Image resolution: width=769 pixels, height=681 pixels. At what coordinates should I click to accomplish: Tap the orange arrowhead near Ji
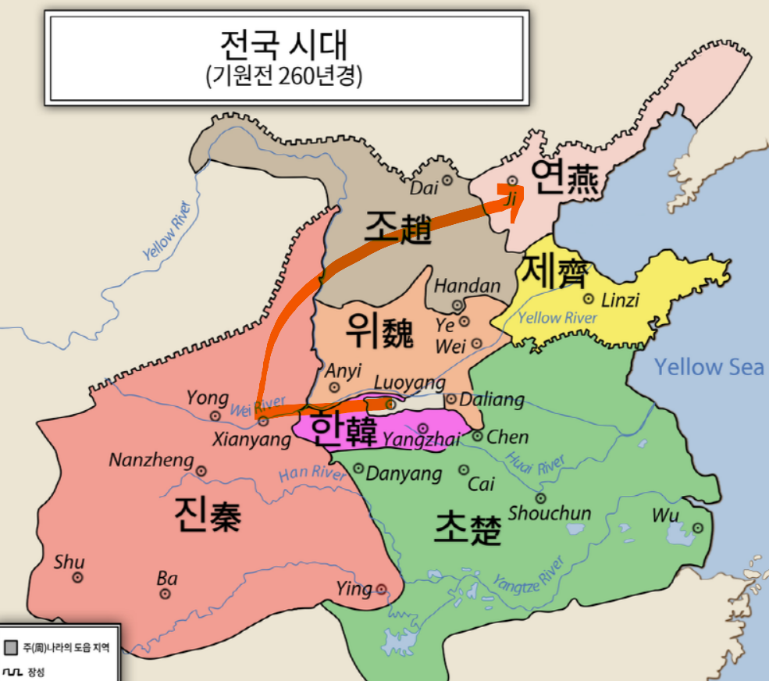pyautogui.click(x=510, y=207)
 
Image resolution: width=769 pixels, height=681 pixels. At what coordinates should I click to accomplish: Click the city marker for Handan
pyautogui.click(x=457, y=305)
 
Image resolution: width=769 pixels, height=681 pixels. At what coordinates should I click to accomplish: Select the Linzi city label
pyautogui.click(x=621, y=300)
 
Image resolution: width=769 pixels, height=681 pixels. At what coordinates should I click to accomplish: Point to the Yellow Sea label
pyautogui.click(x=708, y=366)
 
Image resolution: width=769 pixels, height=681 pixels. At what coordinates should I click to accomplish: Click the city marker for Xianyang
pyautogui.click(x=263, y=421)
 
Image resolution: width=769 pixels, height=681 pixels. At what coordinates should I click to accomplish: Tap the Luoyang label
pyautogui.click(x=410, y=383)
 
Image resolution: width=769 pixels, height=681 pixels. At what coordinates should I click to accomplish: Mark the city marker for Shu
pyautogui.click(x=77, y=577)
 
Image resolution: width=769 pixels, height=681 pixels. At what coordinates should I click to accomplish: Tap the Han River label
pyautogui.click(x=312, y=472)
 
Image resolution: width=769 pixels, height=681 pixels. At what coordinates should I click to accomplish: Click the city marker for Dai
pyautogui.click(x=447, y=180)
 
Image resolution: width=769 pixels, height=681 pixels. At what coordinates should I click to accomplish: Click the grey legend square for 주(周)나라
pyautogui.click(x=11, y=647)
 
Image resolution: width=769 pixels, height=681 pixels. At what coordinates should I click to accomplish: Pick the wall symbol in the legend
pyautogui.click(x=12, y=671)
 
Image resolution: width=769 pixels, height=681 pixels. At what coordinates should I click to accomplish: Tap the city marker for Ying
pyautogui.click(x=381, y=589)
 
